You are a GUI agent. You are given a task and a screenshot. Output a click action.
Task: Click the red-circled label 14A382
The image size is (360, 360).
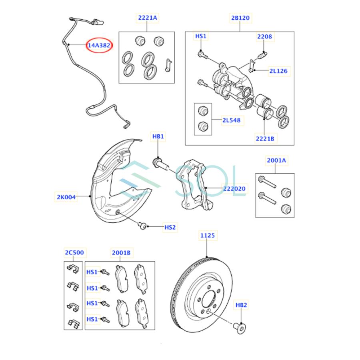click(x=99, y=46)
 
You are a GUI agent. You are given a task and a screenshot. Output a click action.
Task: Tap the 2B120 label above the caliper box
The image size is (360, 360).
click(x=240, y=18)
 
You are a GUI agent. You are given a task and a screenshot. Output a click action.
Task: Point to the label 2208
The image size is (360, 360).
click(x=264, y=36)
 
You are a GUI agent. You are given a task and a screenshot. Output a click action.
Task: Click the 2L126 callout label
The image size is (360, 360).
click(x=278, y=71)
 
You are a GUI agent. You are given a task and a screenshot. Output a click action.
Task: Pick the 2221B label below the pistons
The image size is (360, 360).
click(x=265, y=139)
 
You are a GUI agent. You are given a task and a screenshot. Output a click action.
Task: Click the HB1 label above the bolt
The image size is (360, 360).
click(x=158, y=136)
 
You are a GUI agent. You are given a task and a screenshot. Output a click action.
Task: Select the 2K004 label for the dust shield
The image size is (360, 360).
click(x=66, y=196)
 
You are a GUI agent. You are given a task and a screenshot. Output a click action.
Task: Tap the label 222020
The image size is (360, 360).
click(x=234, y=188)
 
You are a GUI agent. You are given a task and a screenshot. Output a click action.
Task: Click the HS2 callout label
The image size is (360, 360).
click(x=170, y=227)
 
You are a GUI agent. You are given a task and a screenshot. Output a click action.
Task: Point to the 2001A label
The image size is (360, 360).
click(x=276, y=160)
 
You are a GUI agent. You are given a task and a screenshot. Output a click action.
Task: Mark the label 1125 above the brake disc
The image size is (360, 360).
click(x=207, y=236)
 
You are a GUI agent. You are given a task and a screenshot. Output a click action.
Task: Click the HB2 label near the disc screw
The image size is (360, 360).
click(x=241, y=305)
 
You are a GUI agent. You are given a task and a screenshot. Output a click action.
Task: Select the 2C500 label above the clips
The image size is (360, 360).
click(x=74, y=252)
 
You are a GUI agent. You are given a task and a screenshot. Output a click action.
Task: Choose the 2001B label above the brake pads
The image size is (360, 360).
click(x=120, y=252)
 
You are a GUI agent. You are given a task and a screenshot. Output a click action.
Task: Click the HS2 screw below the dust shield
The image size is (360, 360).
click(x=143, y=226)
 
